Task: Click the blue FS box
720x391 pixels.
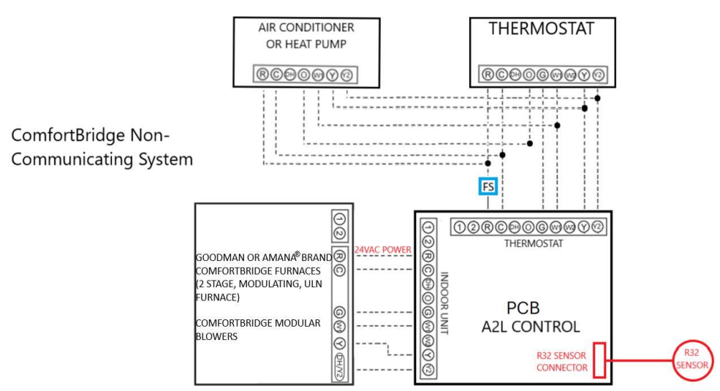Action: point(488,187)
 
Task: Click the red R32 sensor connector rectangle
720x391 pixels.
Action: point(599,359)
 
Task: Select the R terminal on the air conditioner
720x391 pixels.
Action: point(262,74)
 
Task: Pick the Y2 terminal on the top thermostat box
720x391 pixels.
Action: point(598,74)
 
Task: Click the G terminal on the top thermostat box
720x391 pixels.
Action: point(542,74)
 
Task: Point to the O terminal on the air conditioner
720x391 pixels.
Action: point(303,74)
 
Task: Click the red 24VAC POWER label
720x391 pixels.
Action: point(382,250)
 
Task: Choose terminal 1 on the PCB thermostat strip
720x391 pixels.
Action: point(460,227)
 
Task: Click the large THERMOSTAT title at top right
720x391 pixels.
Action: point(542,30)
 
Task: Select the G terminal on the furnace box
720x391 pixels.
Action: point(339,312)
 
